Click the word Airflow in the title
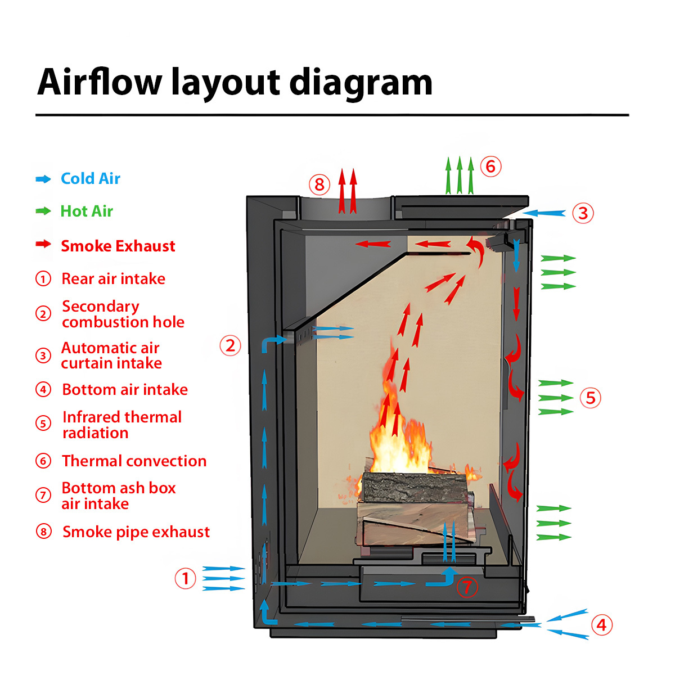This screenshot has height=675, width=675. click(100, 82)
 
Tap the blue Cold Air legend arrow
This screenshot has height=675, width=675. click(43, 179)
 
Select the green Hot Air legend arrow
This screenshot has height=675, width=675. click(43, 211)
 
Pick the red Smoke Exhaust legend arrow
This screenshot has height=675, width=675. click(43, 244)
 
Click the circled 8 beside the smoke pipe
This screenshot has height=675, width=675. click(319, 184)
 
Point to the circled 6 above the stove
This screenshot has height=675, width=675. click(490, 166)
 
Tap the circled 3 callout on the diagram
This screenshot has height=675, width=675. click(583, 213)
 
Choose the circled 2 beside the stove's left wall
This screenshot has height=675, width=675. click(230, 345)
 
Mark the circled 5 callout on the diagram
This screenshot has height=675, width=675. click(590, 398)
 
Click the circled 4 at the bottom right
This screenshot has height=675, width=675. click(601, 624)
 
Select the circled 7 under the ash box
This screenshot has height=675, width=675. click(466, 587)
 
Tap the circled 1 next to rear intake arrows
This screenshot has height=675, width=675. click(185, 578)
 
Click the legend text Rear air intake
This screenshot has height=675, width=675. click(113, 278)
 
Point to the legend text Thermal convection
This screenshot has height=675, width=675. click(134, 461)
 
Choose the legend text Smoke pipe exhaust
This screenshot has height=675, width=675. click(136, 532)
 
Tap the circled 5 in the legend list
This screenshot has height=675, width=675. click(43, 423)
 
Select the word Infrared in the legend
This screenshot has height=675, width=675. click(91, 417)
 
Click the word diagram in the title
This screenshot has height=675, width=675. click(361, 82)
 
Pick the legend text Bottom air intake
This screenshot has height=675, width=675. click(125, 389)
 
